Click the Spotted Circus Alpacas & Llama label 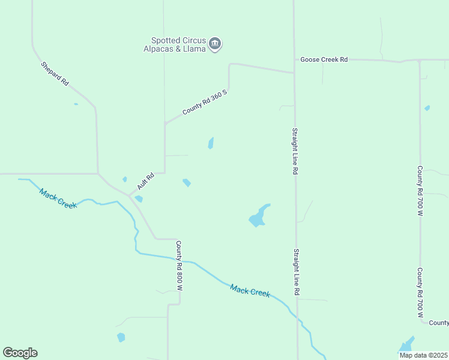coord(174,44)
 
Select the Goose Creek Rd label coord(324,59)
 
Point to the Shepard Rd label coord(55,73)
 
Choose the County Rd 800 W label coord(179,266)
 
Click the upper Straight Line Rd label coord(295,150)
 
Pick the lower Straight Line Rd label coord(297,272)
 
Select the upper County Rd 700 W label coord(420,191)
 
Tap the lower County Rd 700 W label coord(420,293)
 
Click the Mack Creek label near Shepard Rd coord(58,198)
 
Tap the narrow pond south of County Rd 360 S coord(211,143)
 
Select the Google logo coord(20,353)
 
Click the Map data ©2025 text coord(423,355)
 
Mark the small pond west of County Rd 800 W coord(121,337)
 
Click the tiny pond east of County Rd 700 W coord(427,108)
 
